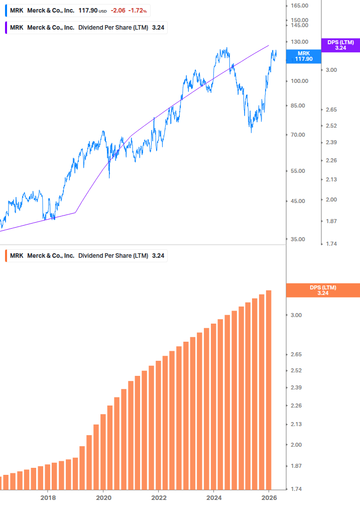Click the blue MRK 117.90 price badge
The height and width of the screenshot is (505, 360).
coord(303,56)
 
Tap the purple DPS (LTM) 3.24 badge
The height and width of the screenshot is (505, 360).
coord(340,45)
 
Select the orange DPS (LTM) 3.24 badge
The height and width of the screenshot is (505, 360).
coord(322,290)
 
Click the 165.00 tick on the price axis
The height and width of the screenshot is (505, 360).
coord(299,6)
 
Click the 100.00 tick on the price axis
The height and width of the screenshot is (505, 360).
coord(299,81)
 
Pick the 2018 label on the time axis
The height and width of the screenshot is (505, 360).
coord(48,497)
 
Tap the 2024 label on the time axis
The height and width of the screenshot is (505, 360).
coord(214,497)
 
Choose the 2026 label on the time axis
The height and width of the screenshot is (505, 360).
coord(269,497)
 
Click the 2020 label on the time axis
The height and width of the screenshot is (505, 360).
coord(103,497)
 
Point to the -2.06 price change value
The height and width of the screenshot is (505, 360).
coord(119,10)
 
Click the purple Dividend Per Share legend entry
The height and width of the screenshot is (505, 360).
coord(85,28)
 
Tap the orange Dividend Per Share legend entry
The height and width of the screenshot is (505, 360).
coord(85,255)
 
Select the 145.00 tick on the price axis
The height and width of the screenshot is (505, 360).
coord(299,25)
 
